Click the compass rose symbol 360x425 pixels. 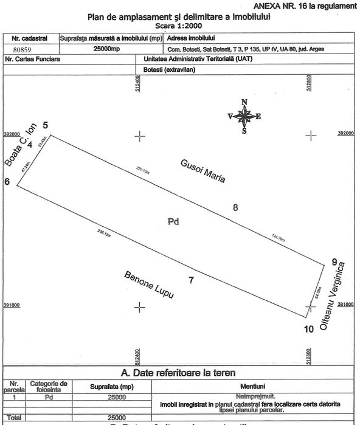tap(244, 115)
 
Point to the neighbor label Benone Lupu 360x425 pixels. tap(149, 285)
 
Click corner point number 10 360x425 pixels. tap(308, 329)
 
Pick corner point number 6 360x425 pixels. tap(7, 182)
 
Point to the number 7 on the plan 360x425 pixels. tap(191, 280)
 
